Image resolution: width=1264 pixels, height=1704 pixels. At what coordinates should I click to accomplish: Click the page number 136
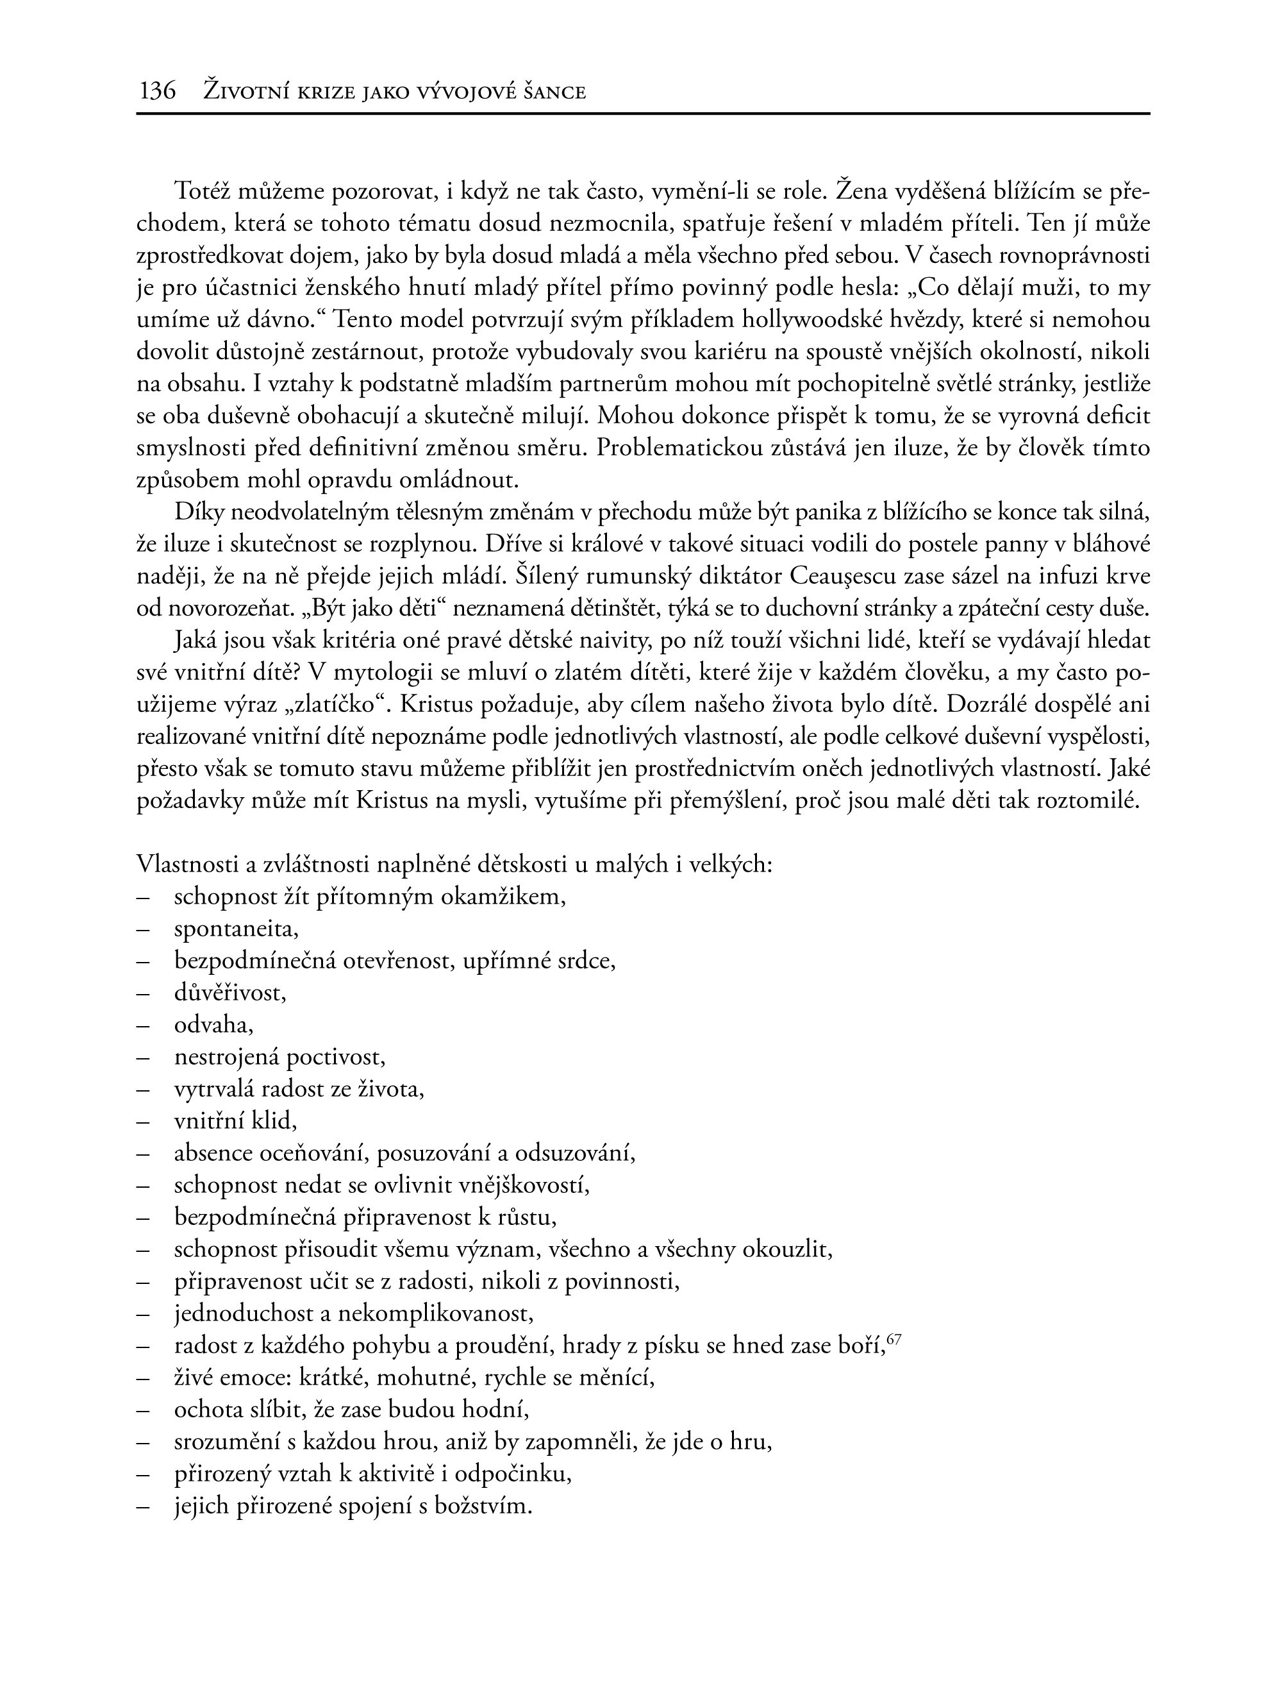click(x=158, y=92)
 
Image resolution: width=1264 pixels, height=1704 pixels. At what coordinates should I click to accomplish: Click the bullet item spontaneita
click(x=237, y=929)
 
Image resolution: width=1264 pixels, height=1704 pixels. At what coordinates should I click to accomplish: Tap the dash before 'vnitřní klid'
click(x=142, y=1122)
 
